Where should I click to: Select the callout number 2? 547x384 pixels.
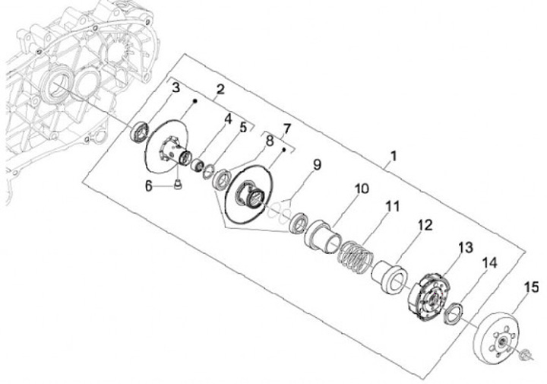tap(220, 90)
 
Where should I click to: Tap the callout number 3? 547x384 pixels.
tap(175, 89)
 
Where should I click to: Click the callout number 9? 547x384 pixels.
tap(317, 164)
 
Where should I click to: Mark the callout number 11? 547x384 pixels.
tap(392, 206)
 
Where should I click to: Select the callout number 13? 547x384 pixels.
tap(465, 248)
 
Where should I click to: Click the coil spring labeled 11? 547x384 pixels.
tap(356, 257)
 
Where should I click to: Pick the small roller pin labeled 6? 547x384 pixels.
tap(175, 187)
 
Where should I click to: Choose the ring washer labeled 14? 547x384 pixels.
tap(454, 313)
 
